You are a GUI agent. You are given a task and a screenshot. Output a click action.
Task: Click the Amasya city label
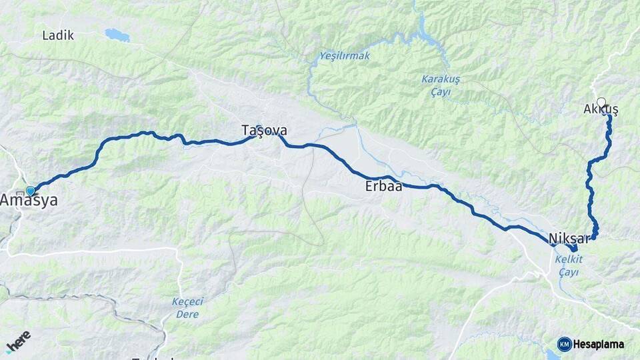point(29,200)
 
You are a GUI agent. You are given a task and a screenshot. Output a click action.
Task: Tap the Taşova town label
point(264,130)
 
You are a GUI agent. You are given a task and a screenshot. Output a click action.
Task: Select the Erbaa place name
point(383,187)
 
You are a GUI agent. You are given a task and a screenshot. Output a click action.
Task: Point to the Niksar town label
point(568,239)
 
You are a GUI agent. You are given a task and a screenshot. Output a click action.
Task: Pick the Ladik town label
point(58,35)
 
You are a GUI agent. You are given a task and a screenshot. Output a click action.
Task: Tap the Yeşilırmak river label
point(344,55)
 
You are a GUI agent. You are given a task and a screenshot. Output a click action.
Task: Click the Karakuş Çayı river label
point(441,84)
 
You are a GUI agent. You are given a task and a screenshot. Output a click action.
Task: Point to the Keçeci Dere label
point(187,307)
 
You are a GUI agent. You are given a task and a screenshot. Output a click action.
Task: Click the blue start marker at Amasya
point(30,191)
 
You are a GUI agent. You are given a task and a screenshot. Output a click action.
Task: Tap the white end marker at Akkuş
point(601,102)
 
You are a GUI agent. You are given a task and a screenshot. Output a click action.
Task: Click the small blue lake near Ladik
point(117,34)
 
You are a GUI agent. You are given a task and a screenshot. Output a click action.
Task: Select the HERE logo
point(18,342)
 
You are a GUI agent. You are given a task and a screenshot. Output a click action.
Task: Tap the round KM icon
point(564,344)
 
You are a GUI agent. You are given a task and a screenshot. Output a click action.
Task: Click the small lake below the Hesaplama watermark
point(551,355)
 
